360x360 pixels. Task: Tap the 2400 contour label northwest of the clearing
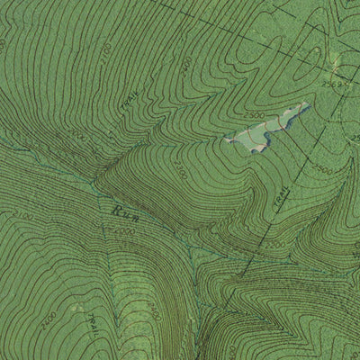[x=186, y=65]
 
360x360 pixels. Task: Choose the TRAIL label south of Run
[x=93, y=319]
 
